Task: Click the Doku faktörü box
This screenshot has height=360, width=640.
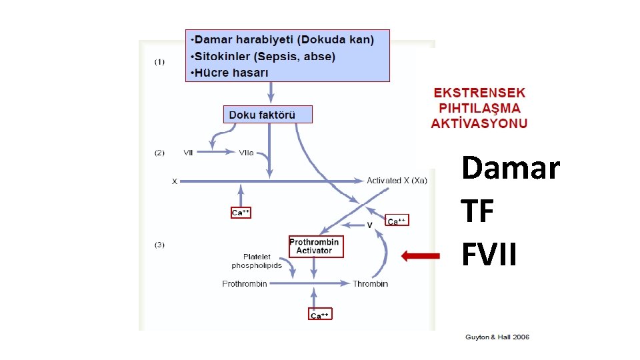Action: pyautogui.click(x=267, y=115)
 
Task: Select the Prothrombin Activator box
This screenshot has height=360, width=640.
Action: pyautogui.click(x=315, y=246)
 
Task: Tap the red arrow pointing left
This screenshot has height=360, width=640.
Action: pyautogui.click(x=421, y=255)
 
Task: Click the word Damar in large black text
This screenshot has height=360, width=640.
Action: pyautogui.click(x=511, y=168)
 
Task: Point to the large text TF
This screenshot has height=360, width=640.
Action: pyautogui.click(x=478, y=212)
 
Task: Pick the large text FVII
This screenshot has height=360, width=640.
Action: pyautogui.click(x=489, y=255)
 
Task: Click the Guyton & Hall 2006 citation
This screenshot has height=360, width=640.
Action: pyautogui.click(x=497, y=337)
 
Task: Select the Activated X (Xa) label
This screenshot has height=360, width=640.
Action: pyautogui.click(x=397, y=181)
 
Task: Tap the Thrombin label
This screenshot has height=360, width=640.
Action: pyautogui.click(x=370, y=284)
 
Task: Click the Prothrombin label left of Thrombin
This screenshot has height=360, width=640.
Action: pyautogui.click(x=245, y=284)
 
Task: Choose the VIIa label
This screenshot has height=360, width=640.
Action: pyautogui.click(x=246, y=153)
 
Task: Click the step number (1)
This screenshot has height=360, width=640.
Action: pyautogui.click(x=160, y=62)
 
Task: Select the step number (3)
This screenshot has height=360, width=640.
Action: pyautogui.click(x=160, y=245)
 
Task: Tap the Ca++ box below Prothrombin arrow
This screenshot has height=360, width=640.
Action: pyautogui.click(x=320, y=315)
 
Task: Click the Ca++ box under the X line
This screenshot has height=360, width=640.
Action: pyautogui.click(x=241, y=213)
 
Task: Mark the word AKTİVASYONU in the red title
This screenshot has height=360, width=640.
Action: pyautogui.click(x=479, y=123)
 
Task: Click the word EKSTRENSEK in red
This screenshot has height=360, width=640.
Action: pyautogui.click(x=479, y=93)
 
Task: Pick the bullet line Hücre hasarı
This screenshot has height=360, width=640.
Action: pyautogui.click(x=230, y=72)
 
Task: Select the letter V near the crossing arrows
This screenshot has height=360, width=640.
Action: pyautogui.click(x=370, y=225)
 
